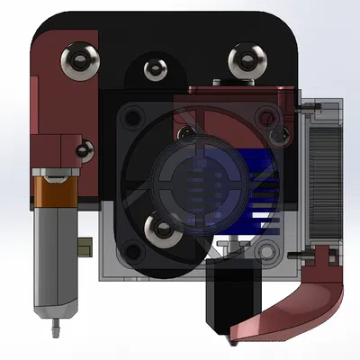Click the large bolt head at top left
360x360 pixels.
(x=75, y=60)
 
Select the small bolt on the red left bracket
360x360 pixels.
(x=85, y=148)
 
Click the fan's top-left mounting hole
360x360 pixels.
(x=130, y=117)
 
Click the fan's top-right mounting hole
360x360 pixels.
(x=265, y=115)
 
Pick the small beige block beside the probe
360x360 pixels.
(x=85, y=244)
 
